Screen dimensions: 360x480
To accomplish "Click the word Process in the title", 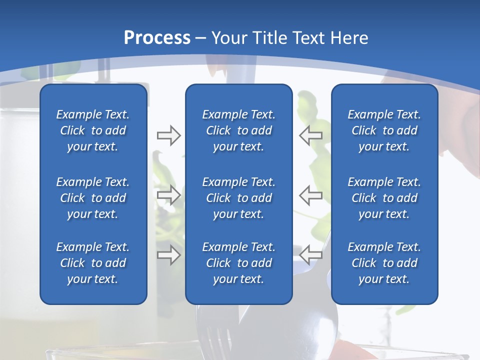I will pos(157,37).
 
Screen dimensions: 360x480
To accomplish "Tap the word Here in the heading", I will pos(349,37).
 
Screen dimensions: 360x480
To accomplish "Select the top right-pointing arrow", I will pos(169,135).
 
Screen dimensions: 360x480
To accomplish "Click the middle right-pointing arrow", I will pos(169,195).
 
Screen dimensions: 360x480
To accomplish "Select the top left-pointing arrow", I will pos(311,135).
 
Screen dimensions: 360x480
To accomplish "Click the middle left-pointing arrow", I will pos(311,195).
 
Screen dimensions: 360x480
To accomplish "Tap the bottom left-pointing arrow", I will pos(311,254).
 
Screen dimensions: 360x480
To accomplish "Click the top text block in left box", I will pos(93,130).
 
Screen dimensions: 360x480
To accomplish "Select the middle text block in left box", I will pos(93,198).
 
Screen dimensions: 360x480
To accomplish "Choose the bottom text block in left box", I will pos(93,263).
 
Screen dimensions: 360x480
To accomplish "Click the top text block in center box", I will pos(238,130).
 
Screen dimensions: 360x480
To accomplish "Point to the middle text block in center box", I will pos(238,198).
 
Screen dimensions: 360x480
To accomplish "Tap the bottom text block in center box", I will pos(238,263).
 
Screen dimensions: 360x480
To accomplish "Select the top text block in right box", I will pos(384,130).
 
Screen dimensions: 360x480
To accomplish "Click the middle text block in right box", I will pos(384,198).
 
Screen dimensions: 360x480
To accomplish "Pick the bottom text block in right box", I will pos(384,263).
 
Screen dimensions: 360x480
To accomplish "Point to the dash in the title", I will pos(201,38).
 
